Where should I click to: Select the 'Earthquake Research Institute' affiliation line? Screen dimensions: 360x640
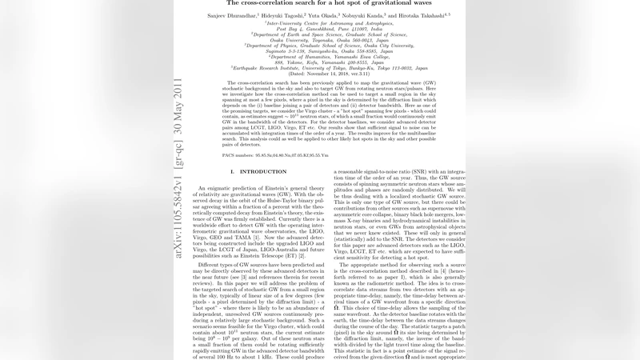point(327,68)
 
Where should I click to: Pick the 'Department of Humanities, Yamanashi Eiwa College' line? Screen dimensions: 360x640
point(327,57)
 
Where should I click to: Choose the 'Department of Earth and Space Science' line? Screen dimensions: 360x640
point(327,35)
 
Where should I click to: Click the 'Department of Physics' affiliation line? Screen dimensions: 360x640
point(327,46)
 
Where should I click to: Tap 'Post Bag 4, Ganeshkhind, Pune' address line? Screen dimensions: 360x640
point(327,30)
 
